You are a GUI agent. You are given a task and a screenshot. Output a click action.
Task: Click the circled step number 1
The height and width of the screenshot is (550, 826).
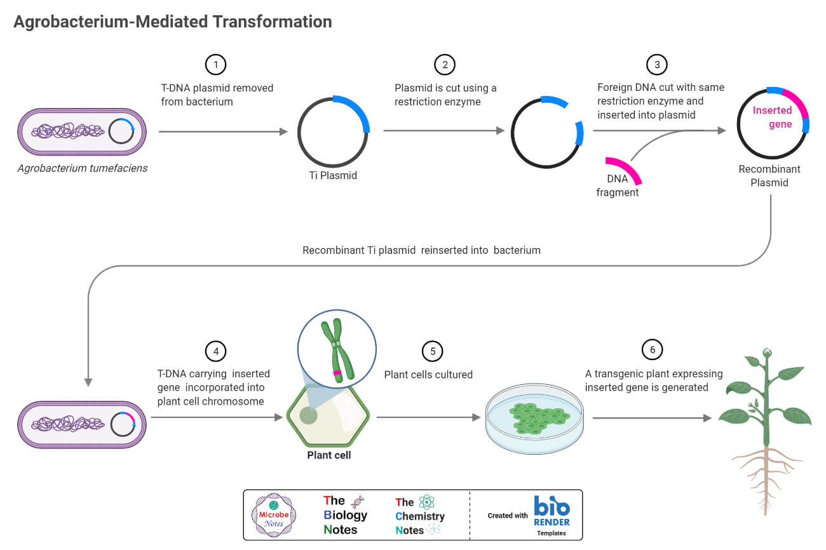[x=215, y=65]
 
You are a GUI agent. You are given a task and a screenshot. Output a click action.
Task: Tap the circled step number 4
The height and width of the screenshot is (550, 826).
[x=215, y=351]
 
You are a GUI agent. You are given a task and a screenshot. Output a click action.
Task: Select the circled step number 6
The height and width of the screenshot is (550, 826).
[x=652, y=350]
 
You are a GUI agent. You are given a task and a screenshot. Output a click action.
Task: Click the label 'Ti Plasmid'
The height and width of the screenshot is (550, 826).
[x=332, y=175]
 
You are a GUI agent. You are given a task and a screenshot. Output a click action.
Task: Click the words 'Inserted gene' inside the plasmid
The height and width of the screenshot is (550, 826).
[x=771, y=117]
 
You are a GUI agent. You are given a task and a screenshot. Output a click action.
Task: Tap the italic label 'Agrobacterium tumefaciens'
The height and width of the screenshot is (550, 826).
[x=83, y=168]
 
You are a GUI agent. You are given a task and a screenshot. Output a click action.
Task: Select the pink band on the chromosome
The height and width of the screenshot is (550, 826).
[x=337, y=373]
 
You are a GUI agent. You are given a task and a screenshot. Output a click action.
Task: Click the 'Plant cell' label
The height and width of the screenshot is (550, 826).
[x=328, y=455]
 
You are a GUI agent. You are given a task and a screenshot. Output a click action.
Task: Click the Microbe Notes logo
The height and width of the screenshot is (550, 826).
[x=274, y=515]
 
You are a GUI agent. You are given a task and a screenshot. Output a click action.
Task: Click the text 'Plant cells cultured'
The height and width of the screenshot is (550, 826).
[x=428, y=374]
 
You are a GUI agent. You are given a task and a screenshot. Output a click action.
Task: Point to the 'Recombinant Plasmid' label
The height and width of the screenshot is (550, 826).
[x=769, y=176]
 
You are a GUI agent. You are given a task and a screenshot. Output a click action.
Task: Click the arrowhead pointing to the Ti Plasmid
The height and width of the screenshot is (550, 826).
[x=283, y=131]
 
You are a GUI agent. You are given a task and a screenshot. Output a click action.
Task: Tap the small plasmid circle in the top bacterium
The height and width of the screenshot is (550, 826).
[x=121, y=131]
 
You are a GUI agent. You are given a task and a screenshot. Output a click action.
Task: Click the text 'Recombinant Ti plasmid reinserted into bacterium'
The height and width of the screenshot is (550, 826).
[x=421, y=250]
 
